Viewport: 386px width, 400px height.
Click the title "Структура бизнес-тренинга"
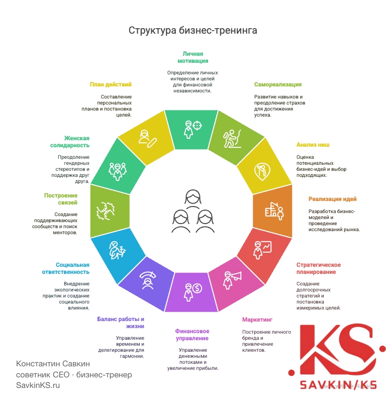click(x=193, y=30)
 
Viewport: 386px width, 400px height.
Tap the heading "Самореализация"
click(x=277, y=84)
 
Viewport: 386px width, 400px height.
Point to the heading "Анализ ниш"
click(x=313, y=145)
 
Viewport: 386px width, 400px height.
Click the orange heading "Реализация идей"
click(x=332, y=199)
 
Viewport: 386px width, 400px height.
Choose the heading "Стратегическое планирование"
click(x=319, y=268)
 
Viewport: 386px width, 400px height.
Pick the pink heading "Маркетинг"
click(x=257, y=320)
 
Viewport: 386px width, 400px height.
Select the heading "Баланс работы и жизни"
click(x=120, y=323)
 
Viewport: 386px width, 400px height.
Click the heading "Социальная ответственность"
click(x=73, y=268)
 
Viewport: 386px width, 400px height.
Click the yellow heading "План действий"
click(x=111, y=84)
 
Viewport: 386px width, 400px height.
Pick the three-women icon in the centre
click(x=191, y=212)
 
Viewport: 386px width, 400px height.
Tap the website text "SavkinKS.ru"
click(x=38, y=385)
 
